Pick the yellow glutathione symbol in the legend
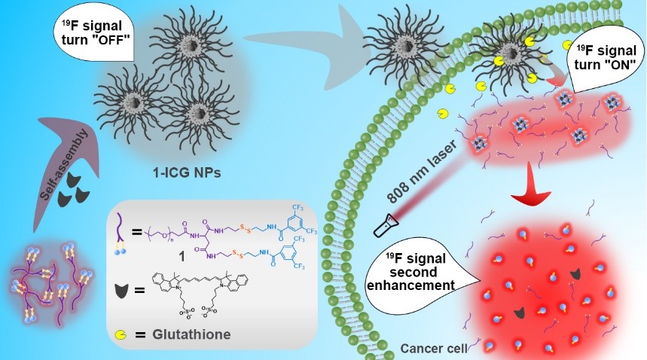(123, 332)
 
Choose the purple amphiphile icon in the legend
(121, 225)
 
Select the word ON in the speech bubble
(607, 63)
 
